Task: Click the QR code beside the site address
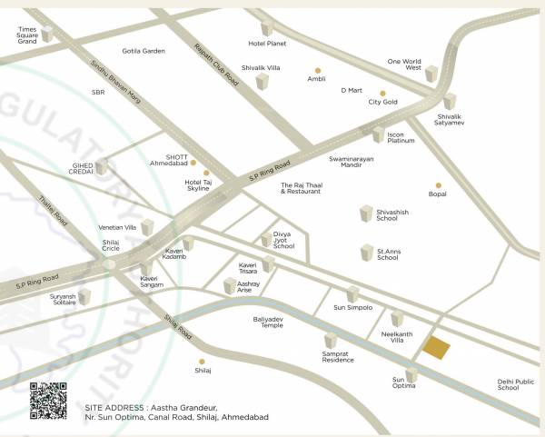coord(48,401)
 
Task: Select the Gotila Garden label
coord(144,51)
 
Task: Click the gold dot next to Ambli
coord(318,69)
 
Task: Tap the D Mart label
coord(352,90)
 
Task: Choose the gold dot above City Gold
coord(383,93)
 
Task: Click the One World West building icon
coord(431,73)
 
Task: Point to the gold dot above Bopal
coord(438,184)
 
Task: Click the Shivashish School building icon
coord(367,214)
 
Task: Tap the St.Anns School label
coord(388,253)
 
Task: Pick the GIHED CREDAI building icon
coord(103,166)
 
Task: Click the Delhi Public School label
coord(515,384)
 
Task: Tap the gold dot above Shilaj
coord(203,358)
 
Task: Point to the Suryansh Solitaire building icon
coord(85,296)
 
